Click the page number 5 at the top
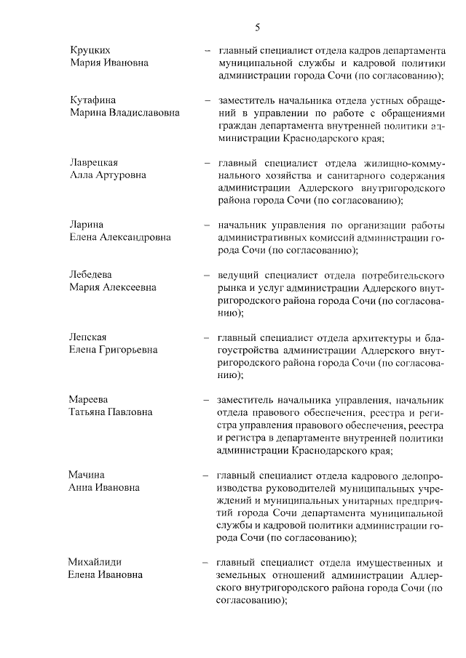pyautogui.click(x=258, y=28)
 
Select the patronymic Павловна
pyautogui.click(x=127, y=412)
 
